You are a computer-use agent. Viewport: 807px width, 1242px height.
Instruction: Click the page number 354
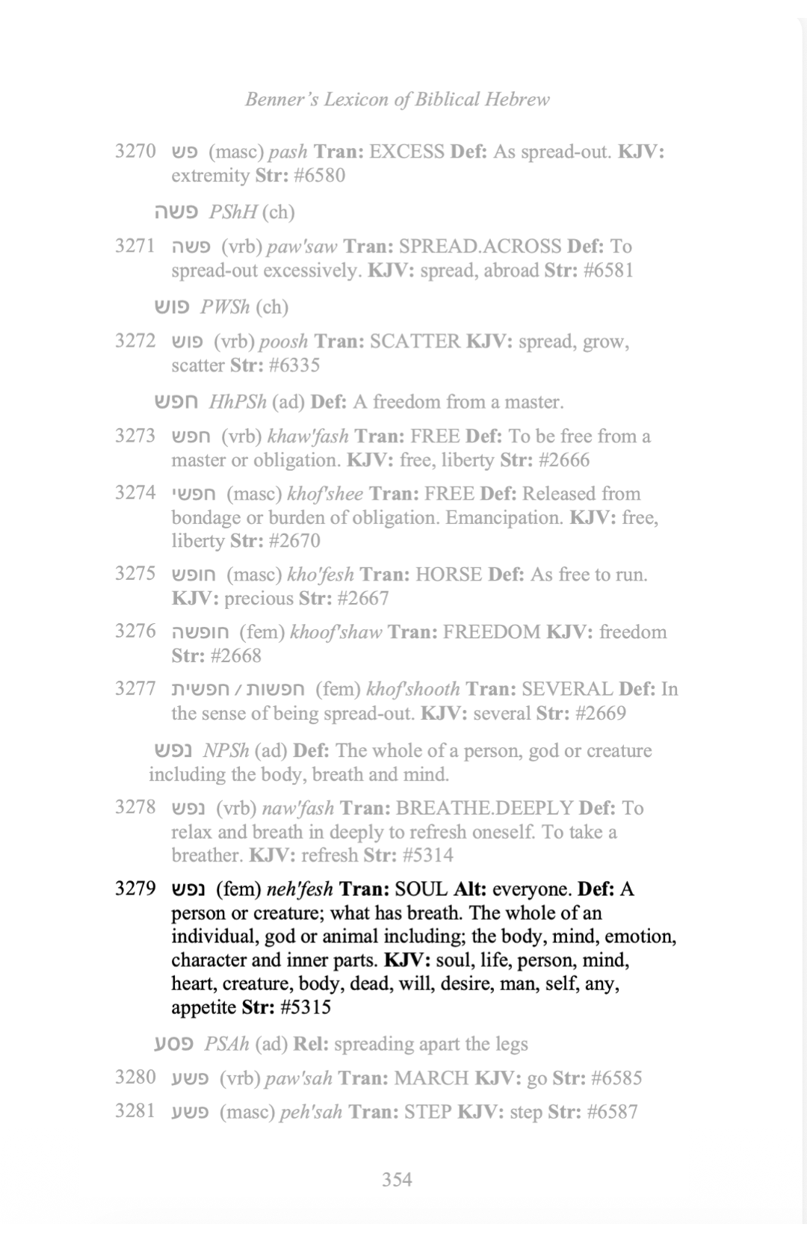[x=397, y=1179]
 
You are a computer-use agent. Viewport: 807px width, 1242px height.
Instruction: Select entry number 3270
[x=135, y=152]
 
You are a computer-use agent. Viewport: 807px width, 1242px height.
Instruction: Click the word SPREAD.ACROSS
[x=480, y=247]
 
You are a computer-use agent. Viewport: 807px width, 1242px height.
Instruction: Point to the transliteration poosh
[x=283, y=342]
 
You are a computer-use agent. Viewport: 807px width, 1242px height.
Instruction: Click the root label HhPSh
[x=238, y=402]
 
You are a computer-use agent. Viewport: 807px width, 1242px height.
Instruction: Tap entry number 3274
[x=135, y=493]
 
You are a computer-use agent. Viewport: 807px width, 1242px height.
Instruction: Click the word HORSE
[x=448, y=575]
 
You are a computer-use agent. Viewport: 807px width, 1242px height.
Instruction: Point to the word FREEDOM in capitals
[x=491, y=632]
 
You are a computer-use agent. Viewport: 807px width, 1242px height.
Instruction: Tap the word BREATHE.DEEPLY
[x=484, y=808]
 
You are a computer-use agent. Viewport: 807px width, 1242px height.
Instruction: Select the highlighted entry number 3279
[x=135, y=889]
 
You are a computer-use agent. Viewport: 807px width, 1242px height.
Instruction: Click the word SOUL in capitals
[x=421, y=889]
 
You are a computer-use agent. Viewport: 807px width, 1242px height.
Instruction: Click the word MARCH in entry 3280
[x=431, y=1078]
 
